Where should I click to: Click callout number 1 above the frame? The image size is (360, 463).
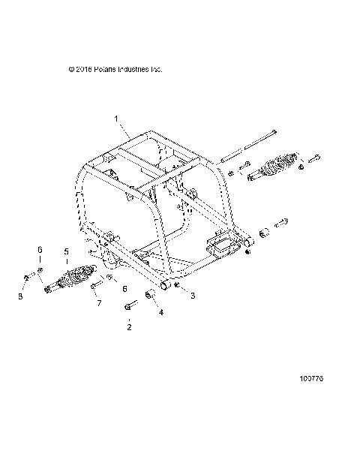[116, 118]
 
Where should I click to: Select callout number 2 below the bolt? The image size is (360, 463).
[128, 327]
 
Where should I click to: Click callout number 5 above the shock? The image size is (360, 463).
[66, 251]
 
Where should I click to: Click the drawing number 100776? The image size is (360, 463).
[310, 380]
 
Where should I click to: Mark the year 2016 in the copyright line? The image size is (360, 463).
[83, 70]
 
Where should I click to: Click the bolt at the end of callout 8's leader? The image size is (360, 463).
[27, 280]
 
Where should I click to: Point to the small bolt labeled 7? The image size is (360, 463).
[96, 286]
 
